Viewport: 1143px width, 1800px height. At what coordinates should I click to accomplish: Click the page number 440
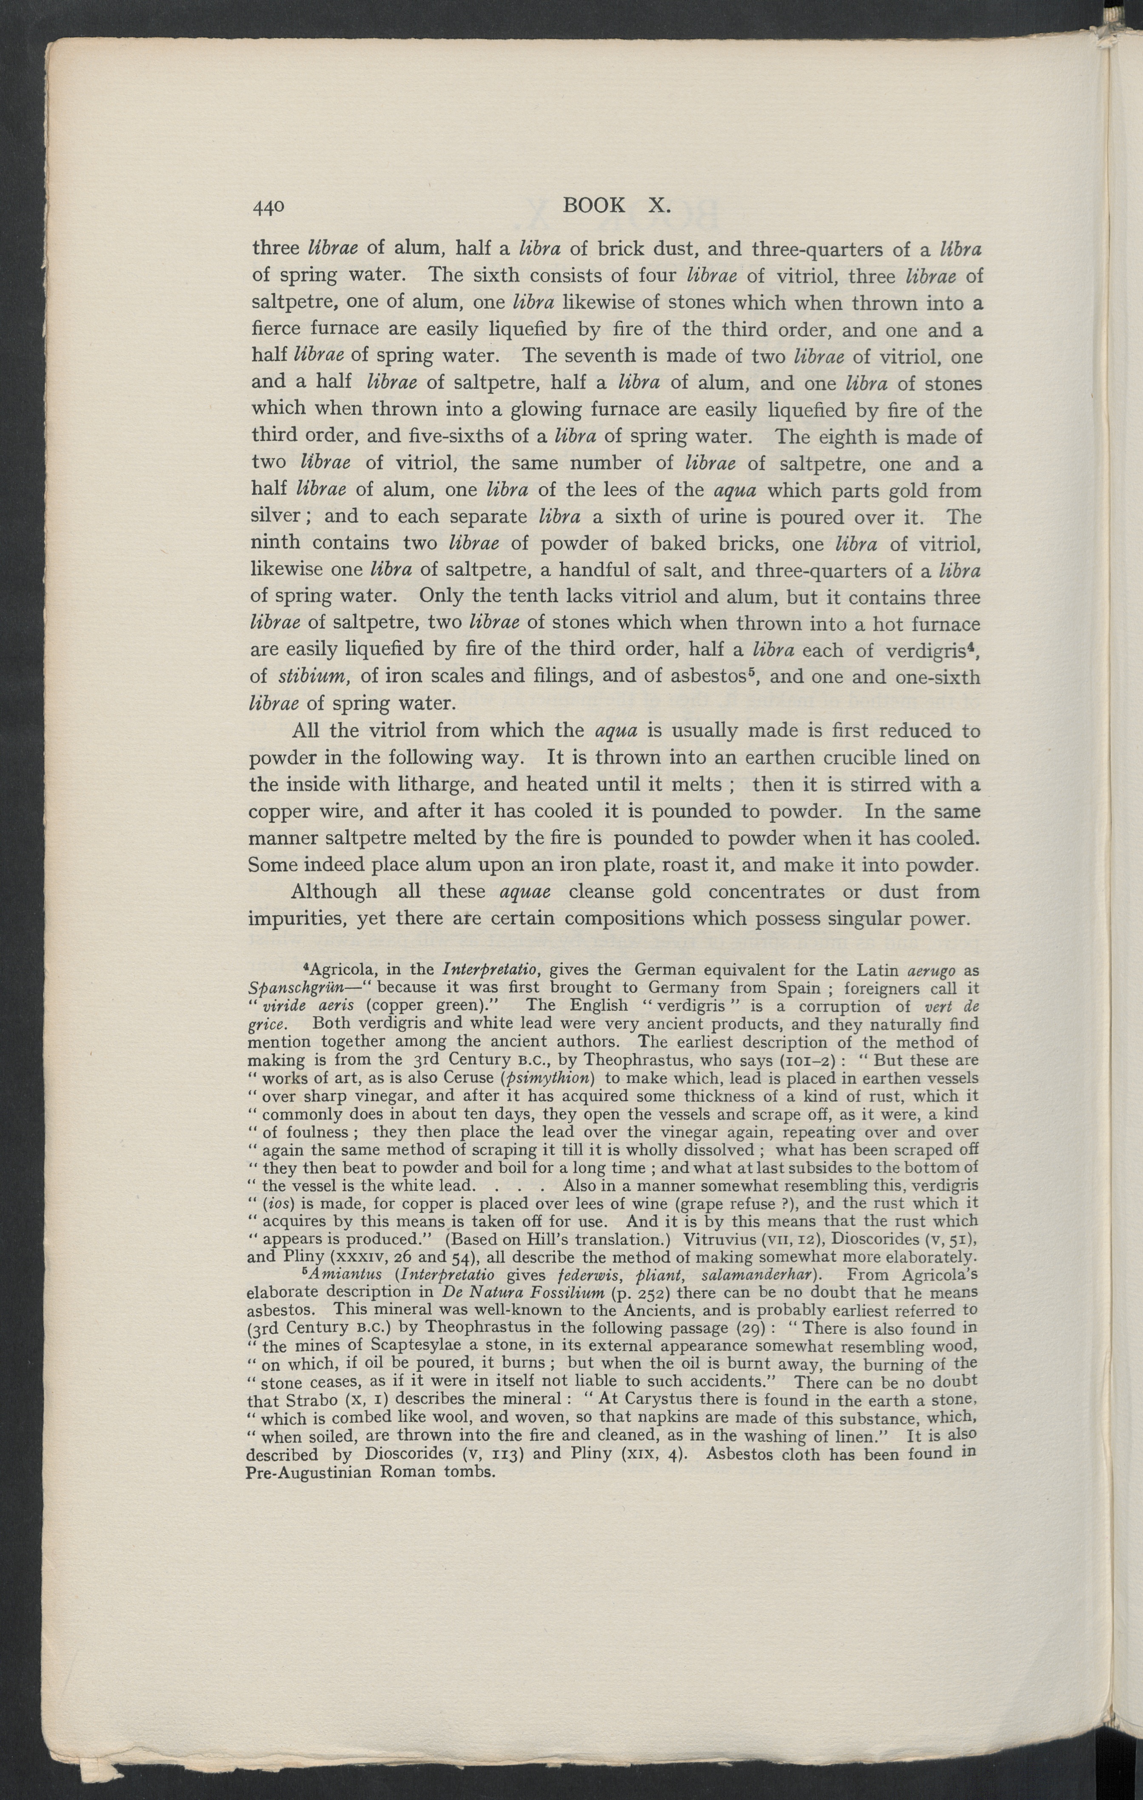(268, 207)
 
